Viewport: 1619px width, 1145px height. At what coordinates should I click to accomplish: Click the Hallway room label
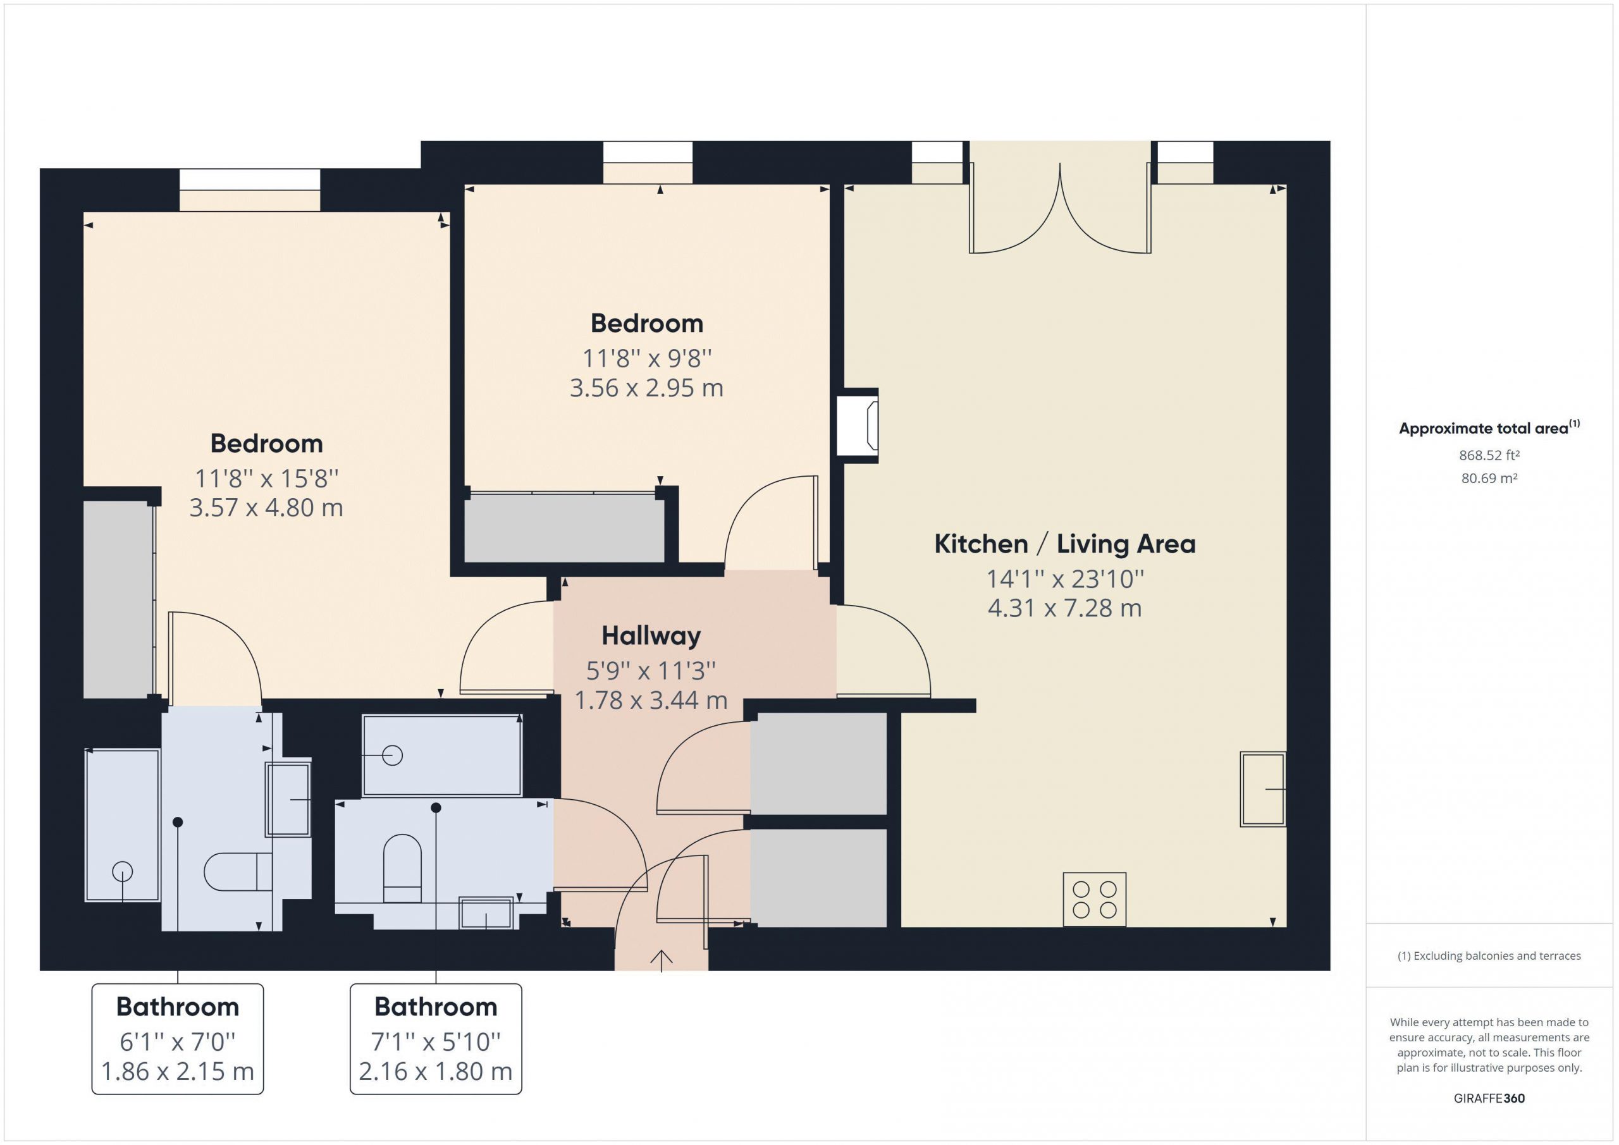click(651, 635)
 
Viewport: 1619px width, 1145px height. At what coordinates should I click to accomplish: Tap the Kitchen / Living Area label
click(1065, 544)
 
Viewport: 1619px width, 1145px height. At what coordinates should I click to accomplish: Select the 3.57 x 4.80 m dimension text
click(266, 508)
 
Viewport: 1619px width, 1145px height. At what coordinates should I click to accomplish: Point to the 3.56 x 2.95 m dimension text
click(646, 388)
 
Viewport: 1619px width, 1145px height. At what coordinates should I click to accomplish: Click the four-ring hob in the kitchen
click(1094, 900)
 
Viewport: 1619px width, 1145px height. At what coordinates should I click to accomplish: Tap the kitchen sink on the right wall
click(1263, 789)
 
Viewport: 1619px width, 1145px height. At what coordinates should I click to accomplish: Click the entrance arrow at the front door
click(661, 960)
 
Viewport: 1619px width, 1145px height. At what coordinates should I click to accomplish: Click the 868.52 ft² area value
click(1489, 455)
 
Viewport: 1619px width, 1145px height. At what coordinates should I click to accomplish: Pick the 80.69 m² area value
click(1489, 478)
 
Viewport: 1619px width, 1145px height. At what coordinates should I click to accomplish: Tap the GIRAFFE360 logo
click(1489, 1098)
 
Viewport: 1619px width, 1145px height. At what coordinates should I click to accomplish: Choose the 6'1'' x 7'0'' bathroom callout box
click(178, 1039)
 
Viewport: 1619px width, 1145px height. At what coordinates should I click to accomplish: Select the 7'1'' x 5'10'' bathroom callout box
click(436, 1039)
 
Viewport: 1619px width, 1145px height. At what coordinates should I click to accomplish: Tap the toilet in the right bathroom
click(402, 869)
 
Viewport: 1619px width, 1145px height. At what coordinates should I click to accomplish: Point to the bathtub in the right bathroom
click(442, 755)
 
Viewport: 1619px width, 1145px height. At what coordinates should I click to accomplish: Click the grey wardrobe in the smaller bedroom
click(564, 528)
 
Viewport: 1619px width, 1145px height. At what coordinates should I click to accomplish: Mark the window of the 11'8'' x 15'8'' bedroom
click(250, 190)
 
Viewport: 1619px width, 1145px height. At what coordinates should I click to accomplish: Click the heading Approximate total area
click(1489, 427)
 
